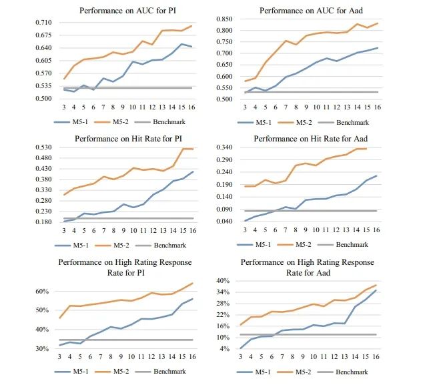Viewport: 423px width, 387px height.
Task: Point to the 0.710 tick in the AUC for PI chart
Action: [x=45, y=23]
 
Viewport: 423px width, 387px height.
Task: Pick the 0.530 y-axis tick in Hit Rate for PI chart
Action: [x=45, y=147]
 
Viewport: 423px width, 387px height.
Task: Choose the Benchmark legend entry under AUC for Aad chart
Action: [x=352, y=122]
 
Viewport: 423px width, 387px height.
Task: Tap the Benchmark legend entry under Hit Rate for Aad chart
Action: [x=352, y=245]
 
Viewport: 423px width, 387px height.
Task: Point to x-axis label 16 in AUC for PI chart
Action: [x=193, y=107]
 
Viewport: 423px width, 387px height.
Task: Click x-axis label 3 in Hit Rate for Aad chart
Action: [x=245, y=230]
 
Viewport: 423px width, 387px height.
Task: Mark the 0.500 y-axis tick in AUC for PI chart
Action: [x=45, y=99]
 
